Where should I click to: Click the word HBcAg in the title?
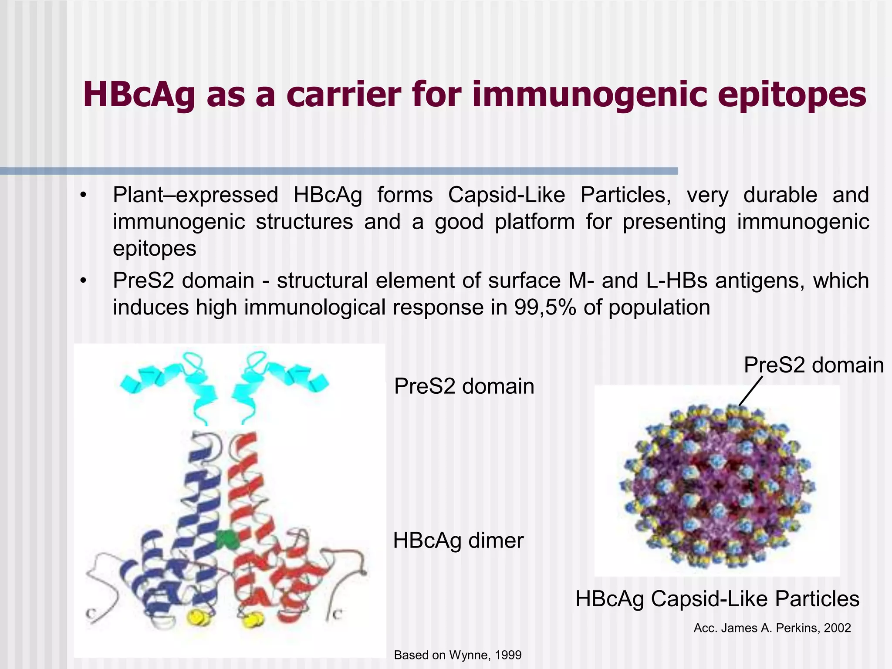(139, 95)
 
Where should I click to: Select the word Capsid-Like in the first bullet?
(507, 195)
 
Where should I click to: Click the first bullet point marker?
(84, 195)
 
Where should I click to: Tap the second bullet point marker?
(84, 281)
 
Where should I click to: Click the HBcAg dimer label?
(458, 541)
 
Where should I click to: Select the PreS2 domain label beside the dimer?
(464, 386)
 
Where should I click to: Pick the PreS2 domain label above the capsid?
(813, 365)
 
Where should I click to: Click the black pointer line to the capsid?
(751, 391)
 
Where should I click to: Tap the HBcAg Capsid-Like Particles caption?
(717, 599)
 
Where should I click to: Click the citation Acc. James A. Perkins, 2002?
(772, 628)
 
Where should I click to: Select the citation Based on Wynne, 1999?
(457, 655)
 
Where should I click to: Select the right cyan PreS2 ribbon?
(274, 383)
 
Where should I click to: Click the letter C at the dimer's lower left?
(91, 614)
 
